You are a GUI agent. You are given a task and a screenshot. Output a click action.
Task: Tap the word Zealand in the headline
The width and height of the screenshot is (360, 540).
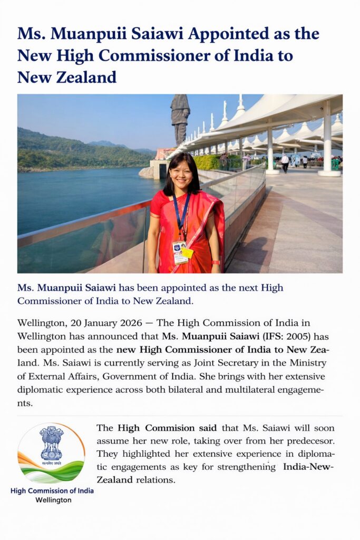pyautogui.click(x=82, y=77)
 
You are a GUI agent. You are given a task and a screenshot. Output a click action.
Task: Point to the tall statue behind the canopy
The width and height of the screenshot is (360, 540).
pyautogui.click(x=180, y=119)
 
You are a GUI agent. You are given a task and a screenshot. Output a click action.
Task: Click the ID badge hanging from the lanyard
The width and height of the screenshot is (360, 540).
pyautogui.click(x=180, y=252)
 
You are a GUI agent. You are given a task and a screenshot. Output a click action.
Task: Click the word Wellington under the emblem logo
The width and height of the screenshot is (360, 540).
pyautogui.click(x=53, y=500)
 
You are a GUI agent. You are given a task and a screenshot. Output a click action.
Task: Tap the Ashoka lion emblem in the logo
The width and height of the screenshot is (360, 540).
pyautogui.click(x=51, y=442)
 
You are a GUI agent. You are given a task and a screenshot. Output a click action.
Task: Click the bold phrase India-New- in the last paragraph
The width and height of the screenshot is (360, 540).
pyautogui.click(x=308, y=467)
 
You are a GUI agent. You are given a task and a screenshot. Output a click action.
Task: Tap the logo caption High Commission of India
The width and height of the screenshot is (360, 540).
pyautogui.click(x=52, y=490)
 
